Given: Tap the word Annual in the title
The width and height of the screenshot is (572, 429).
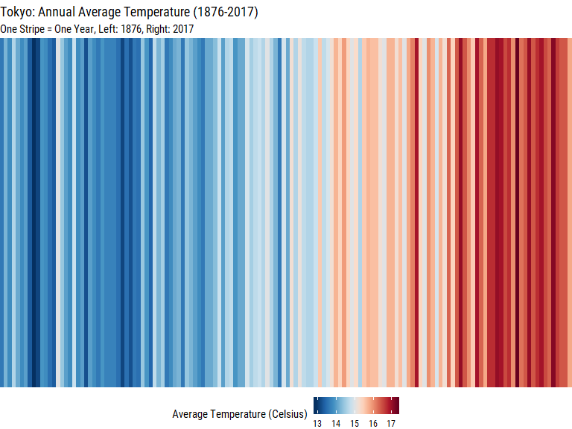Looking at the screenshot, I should pos(60,13).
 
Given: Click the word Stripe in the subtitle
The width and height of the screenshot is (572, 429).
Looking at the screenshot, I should pos(35,29).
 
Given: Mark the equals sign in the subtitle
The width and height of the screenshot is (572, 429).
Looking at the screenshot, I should pos(57,29).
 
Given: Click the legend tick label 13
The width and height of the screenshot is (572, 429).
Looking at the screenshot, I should pos(317,424).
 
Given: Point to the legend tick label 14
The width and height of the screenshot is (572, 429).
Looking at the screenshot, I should pos(336,424).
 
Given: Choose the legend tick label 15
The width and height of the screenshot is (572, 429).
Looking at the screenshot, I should pos(355,424).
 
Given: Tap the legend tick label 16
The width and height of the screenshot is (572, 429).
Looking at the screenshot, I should pos(373,424).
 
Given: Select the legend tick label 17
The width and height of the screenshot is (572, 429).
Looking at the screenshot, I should pos(391,424).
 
